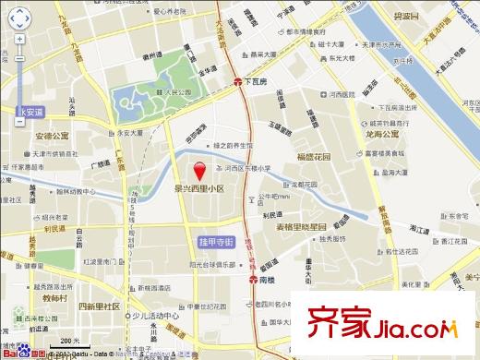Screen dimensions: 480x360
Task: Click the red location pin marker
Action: coord(198,170)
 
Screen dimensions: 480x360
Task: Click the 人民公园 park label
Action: coord(163,91)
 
